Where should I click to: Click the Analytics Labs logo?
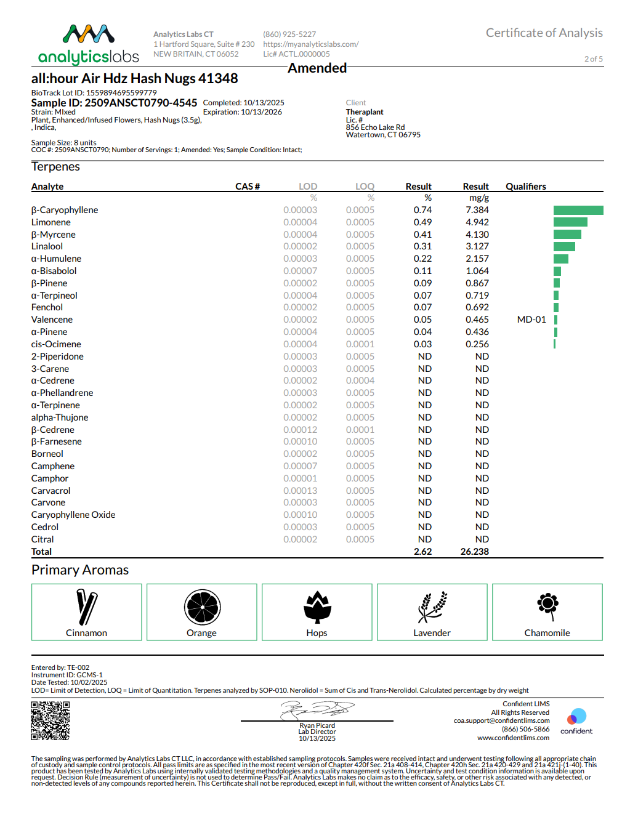[89, 45]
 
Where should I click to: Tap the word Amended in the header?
[317, 68]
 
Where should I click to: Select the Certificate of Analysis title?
[544, 33]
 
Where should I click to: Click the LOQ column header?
[365, 187]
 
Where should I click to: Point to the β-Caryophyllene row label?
[65, 210]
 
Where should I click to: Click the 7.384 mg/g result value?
[477, 210]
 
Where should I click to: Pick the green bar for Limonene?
[570, 222]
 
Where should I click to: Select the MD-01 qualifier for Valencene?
[531, 320]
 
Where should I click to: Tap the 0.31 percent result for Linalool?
[422, 246]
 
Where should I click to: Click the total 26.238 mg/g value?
[474, 552]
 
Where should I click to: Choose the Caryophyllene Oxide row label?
[73, 515]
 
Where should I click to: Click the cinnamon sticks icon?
[86, 607]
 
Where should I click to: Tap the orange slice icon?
[202, 607]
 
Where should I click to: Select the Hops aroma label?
[317, 633]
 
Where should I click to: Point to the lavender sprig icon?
[432, 607]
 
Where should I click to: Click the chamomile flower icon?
[547, 605]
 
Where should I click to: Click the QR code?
[50, 721]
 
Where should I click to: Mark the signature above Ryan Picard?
[317, 710]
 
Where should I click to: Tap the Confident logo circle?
[577, 716]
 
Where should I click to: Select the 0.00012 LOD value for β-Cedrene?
[300, 430]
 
